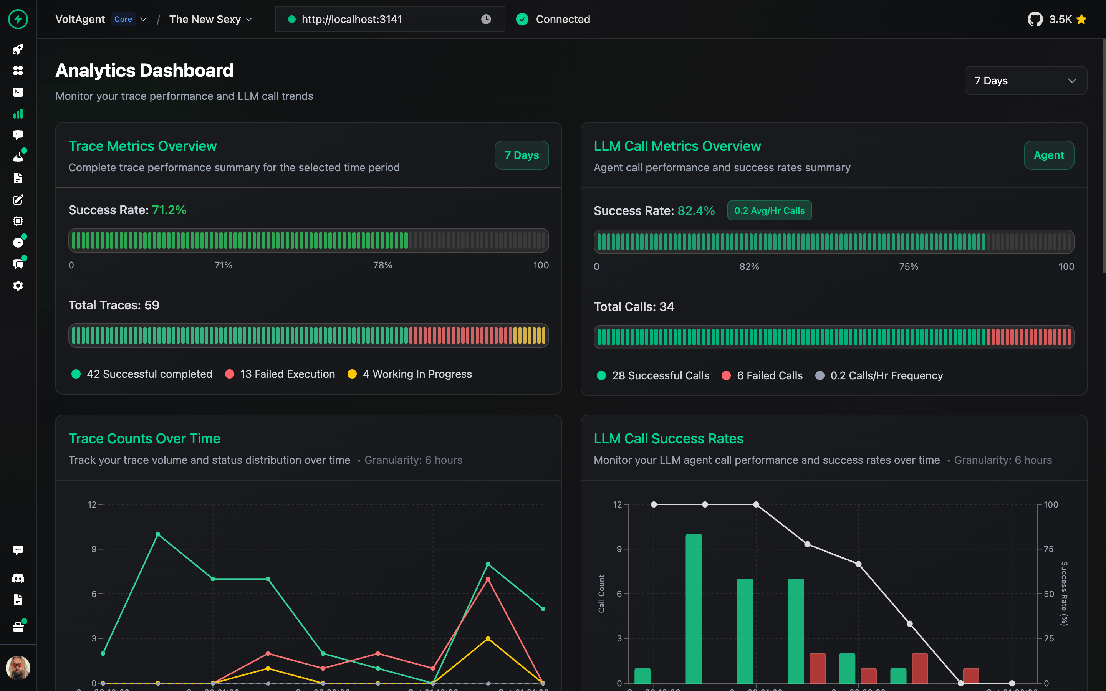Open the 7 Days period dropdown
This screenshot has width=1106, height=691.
(1025, 81)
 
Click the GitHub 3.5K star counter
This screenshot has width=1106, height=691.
(1056, 19)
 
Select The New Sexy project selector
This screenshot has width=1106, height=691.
(210, 19)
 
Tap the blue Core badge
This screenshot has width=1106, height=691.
(123, 19)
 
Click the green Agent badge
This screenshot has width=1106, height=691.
(1048, 155)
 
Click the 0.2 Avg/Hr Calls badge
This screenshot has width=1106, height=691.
(769, 211)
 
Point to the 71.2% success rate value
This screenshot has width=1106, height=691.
(169, 210)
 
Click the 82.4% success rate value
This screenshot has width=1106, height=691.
(695, 211)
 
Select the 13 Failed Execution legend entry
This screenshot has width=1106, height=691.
(280, 374)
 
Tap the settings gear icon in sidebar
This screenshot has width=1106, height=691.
(18, 286)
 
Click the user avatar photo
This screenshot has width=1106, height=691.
(18, 668)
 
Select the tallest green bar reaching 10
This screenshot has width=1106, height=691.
(693, 608)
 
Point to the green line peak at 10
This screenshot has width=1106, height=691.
(158, 534)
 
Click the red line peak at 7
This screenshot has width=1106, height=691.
(488, 579)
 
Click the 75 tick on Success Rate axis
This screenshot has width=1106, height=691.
(1048, 549)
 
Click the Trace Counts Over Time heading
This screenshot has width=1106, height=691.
(144, 439)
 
